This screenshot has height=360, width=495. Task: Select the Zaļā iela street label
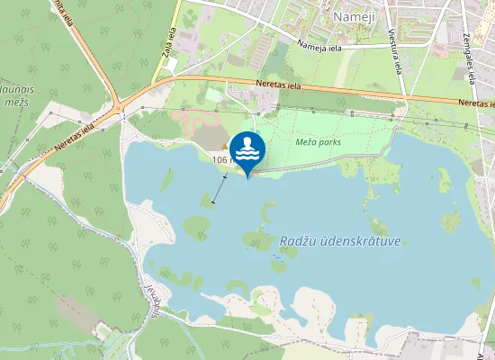pos(168,40)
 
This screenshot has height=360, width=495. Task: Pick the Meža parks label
pos(312,142)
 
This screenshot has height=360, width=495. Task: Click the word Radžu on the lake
pos(298,241)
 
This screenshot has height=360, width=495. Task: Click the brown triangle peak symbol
pos(224,147)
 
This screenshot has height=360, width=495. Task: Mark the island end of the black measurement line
pos(213,203)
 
